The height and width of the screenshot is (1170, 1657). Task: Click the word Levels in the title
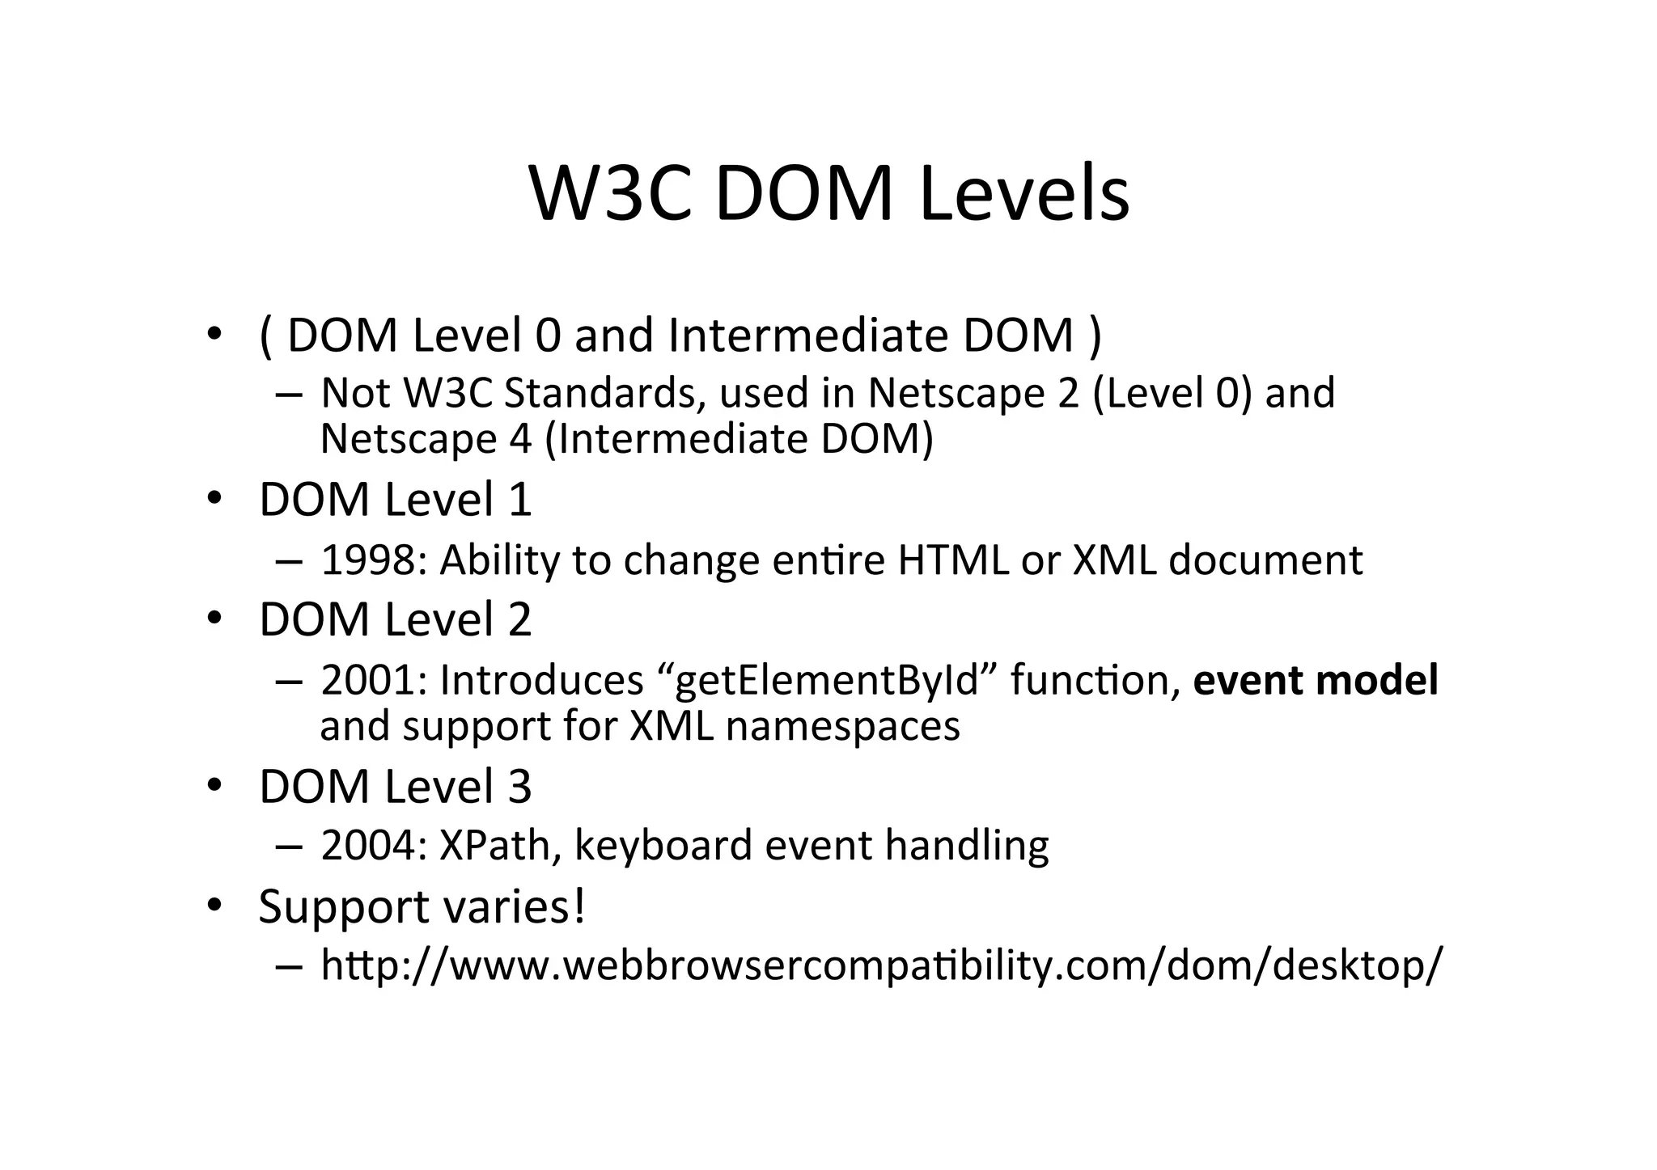tap(1024, 194)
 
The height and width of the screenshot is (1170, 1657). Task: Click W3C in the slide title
tap(611, 194)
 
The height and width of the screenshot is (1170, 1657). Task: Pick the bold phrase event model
tap(1316, 680)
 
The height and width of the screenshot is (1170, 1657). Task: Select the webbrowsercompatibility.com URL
tap(881, 965)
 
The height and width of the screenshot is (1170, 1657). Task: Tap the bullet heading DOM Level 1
tap(395, 500)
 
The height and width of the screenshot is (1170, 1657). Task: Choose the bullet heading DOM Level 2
tap(395, 619)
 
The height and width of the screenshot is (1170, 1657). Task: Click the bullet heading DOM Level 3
tap(395, 787)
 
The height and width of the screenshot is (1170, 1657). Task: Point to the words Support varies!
tap(422, 906)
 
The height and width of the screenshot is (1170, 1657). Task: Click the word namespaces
tap(842, 726)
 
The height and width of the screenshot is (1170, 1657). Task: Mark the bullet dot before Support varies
tap(214, 906)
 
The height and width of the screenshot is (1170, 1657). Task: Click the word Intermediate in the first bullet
tap(808, 335)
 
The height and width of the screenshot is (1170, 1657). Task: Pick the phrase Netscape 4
tap(426, 440)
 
